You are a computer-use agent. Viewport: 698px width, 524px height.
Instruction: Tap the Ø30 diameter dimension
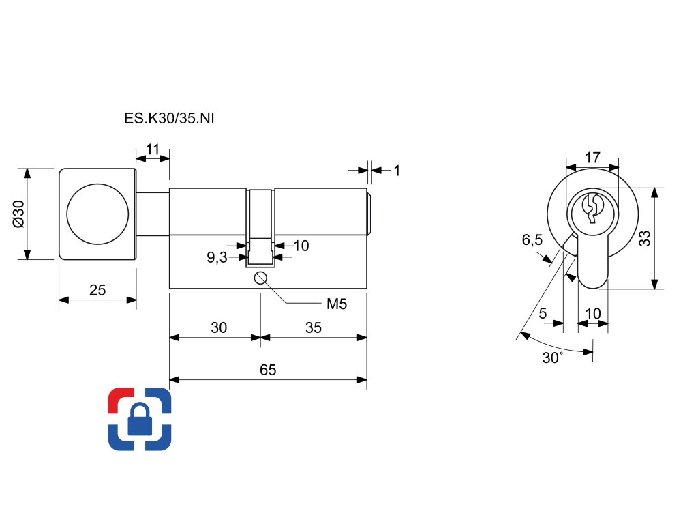[18, 214]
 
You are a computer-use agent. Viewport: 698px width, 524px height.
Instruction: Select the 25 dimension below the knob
[97, 290]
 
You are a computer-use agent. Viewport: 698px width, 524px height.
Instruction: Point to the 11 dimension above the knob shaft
[153, 149]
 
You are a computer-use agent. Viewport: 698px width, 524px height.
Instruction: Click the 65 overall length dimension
[268, 370]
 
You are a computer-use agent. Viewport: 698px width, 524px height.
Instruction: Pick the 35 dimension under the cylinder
[313, 327]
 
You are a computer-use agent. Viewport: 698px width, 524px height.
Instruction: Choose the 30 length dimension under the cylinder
[218, 327]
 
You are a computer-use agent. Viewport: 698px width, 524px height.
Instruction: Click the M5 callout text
[336, 304]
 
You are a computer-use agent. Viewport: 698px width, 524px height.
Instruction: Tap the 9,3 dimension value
[217, 257]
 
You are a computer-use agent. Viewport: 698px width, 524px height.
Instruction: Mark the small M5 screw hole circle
[260, 278]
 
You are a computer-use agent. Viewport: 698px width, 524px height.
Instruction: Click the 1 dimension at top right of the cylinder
[397, 170]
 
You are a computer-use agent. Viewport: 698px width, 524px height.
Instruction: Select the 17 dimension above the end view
[592, 158]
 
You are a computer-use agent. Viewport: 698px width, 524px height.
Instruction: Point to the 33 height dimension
[644, 238]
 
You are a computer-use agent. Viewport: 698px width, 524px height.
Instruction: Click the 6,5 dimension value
[532, 239]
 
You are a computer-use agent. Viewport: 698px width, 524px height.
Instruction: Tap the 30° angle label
[553, 358]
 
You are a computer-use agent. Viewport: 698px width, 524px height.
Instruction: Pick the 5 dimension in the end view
[543, 313]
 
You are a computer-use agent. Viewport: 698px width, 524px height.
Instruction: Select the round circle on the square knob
[97, 213]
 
